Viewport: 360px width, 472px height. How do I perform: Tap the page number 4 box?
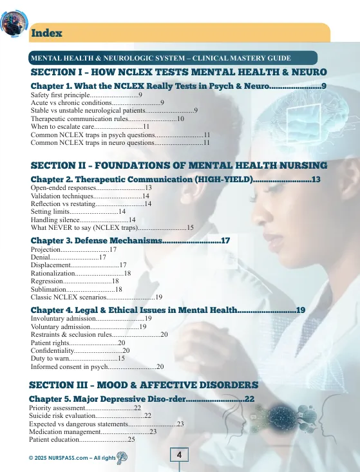pyautogui.click(x=179, y=455)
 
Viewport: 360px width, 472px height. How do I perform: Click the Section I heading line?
pyautogui.click(x=178, y=71)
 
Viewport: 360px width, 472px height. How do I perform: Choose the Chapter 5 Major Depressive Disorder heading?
pyautogui.click(x=142, y=399)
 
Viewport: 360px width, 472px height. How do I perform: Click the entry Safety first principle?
pyautogui.click(x=86, y=95)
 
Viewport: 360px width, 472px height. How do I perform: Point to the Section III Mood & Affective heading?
pyautogui.click(x=144, y=384)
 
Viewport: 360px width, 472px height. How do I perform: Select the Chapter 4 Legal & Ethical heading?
pyautogui.click(x=167, y=310)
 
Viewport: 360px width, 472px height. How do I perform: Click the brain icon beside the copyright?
pyautogui.click(x=122, y=457)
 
